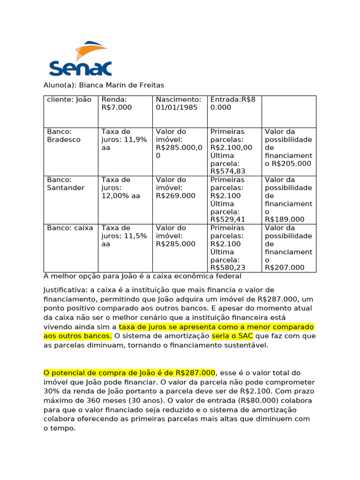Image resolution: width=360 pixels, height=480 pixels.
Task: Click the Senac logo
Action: (x=80, y=60)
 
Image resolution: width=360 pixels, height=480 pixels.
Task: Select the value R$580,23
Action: (x=231, y=268)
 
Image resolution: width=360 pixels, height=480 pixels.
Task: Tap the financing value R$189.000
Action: (x=285, y=219)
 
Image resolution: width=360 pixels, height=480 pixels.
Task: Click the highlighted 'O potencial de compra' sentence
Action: (x=129, y=373)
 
